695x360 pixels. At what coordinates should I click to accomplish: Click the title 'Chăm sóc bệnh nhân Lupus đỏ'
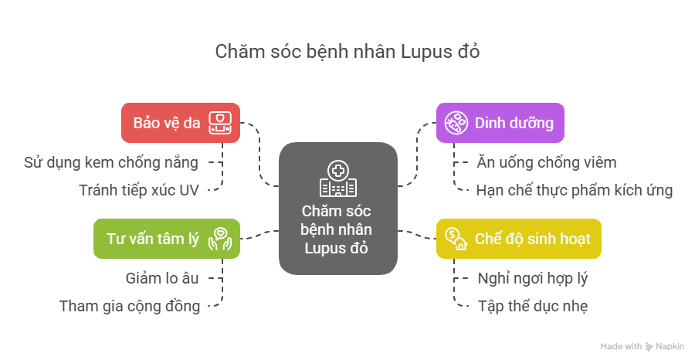[347, 53]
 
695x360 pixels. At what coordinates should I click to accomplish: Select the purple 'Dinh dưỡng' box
[500, 123]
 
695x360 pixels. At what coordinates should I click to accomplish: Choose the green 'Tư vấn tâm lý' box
[167, 238]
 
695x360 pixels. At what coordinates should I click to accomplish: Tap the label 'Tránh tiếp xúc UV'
[139, 189]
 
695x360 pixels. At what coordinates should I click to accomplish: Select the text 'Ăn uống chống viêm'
[545, 162]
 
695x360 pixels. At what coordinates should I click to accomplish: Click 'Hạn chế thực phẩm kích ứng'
[574, 189]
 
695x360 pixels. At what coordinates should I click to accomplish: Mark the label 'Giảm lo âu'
[161, 278]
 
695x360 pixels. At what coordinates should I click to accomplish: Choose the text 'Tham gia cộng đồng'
[130, 306]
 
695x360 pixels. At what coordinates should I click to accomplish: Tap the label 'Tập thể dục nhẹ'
[533, 306]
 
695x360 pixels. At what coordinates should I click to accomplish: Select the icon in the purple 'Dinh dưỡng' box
[456, 123]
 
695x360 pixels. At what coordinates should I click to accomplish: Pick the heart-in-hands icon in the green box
[220, 238]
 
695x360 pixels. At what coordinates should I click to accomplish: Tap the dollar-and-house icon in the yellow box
[456, 238]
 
